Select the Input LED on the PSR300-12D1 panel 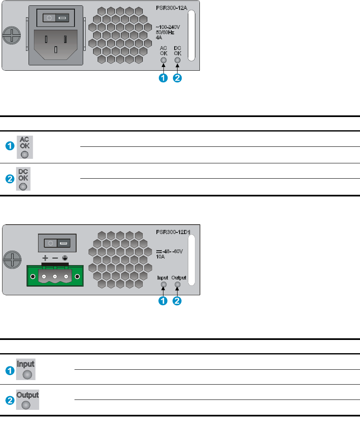(163, 285)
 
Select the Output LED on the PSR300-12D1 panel (178, 285)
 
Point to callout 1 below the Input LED (163, 301)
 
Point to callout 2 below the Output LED (177, 301)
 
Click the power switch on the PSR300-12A (56, 18)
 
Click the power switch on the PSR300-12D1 (57, 242)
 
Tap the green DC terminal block (55, 275)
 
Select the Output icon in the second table (27, 401)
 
